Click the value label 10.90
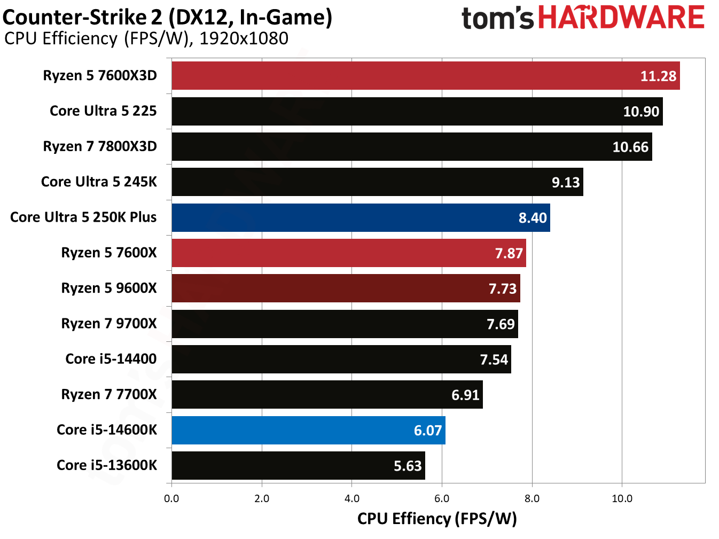point(641,112)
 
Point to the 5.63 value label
point(408,466)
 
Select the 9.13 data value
point(565,183)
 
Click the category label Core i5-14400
point(111,359)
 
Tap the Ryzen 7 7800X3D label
point(100,146)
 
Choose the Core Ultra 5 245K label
point(99,182)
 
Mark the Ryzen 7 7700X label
point(109,394)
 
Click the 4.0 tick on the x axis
point(351,498)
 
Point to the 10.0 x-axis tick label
point(621,498)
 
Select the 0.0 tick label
point(171,498)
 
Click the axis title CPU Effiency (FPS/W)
point(437,519)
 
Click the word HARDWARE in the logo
point(621,18)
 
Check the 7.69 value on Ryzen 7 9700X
point(501,324)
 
